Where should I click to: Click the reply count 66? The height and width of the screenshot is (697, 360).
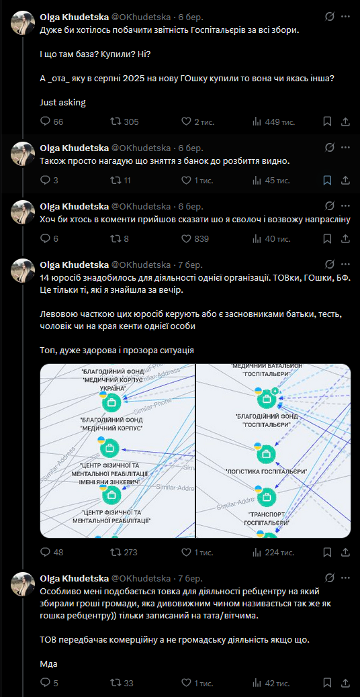point(58,122)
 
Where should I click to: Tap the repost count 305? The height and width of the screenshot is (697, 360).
point(131,122)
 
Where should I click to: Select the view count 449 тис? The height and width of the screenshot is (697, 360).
point(279,122)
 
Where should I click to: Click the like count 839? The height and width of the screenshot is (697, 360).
point(201,238)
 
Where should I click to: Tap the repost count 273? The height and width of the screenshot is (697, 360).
point(130,553)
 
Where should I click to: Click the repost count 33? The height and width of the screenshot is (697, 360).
point(129,683)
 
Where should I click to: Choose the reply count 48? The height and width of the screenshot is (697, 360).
point(58,553)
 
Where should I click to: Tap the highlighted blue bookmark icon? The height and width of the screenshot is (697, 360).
point(326,180)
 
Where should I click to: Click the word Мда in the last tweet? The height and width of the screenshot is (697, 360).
point(49,664)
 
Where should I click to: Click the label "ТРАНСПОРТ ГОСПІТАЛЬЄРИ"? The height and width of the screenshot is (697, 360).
point(267,518)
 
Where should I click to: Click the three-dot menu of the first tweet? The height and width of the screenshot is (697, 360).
point(345,17)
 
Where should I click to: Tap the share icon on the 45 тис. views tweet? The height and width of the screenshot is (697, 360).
point(345,180)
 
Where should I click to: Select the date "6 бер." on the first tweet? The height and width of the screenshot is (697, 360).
point(191,17)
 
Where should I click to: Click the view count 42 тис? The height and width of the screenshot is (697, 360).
point(277,683)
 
